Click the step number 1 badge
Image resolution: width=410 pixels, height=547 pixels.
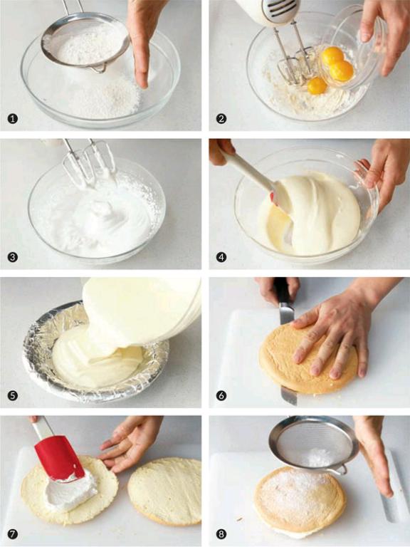[x=13, y=119]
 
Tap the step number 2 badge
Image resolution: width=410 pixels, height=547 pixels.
[x=221, y=119]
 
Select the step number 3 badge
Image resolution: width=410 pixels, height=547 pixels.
[x=13, y=257]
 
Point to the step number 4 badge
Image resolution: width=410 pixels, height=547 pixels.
[x=221, y=257]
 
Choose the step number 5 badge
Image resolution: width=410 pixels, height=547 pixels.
[x=13, y=395]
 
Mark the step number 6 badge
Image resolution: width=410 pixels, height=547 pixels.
[x=221, y=395]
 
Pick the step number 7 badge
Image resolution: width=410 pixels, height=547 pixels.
[x=13, y=534]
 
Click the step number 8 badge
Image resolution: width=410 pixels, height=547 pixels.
[x=221, y=534]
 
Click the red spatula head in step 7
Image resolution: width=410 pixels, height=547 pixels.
[x=59, y=458]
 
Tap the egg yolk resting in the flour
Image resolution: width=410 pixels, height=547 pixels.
[x=317, y=85]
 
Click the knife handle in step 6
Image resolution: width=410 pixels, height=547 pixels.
[x=282, y=291]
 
